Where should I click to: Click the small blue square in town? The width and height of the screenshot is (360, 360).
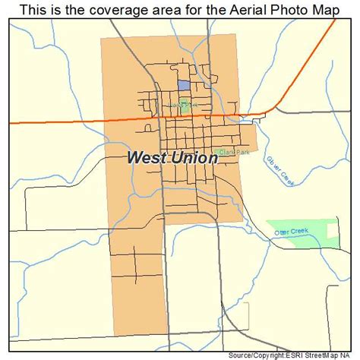(x=184, y=87)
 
